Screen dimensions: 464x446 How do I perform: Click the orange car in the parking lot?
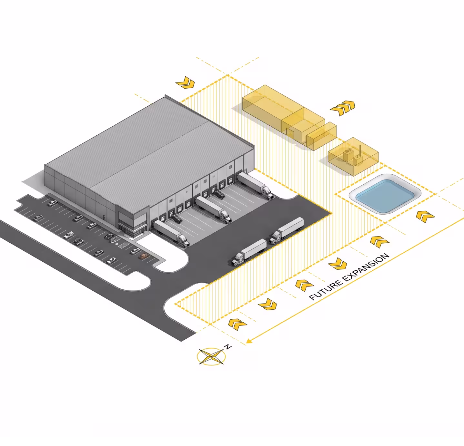coord(144,256)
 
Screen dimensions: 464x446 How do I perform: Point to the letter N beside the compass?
coord(228,346)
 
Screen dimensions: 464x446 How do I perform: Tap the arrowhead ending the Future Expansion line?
coord(249,341)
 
